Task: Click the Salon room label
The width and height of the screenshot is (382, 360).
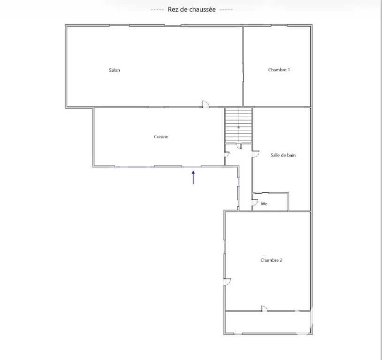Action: pyautogui.click(x=114, y=70)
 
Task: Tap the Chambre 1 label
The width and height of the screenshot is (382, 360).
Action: pyautogui.click(x=279, y=70)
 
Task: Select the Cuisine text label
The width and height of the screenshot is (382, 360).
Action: pyautogui.click(x=161, y=137)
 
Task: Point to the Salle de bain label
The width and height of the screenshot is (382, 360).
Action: pyautogui.click(x=283, y=155)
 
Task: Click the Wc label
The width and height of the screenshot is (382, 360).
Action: pyautogui.click(x=264, y=204)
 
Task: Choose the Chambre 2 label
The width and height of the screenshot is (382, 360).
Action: pyautogui.click(x=271, y=260)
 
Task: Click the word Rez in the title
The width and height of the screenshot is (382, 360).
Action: pyautogui.click(x=173, y=9)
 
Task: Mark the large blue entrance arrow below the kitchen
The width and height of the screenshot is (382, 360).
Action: pyautogui.click(x=193, y=178)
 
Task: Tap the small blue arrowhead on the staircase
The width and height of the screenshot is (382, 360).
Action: pyautogui.click(x=238, y=127)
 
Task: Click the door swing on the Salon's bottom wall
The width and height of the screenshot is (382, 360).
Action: pyautogui.click(x=206, y=104)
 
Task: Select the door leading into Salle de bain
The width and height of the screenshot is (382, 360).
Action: pyautogui.click(x=256, y=154)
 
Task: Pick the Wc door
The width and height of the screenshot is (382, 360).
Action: pyautogui.click(x=255, y=202)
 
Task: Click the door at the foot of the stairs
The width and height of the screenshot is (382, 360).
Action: pyautogui.click(x=238, y=146)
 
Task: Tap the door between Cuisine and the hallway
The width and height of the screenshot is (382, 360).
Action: pyautogui.click(x=227, y=154)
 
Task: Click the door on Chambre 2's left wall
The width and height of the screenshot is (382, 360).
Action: pyautogui.click(x=227, y=282)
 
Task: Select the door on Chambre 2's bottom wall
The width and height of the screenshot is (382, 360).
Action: pyautogui.click(x=264, y=308)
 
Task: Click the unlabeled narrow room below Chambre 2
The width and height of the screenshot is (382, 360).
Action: pyautogui.click(x=268, y=322)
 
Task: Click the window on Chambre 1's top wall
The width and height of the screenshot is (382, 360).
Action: pyautogui.click(x=279, y=25)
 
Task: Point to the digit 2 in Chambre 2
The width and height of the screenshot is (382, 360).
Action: pyautogui.click(x=281, y=260)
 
